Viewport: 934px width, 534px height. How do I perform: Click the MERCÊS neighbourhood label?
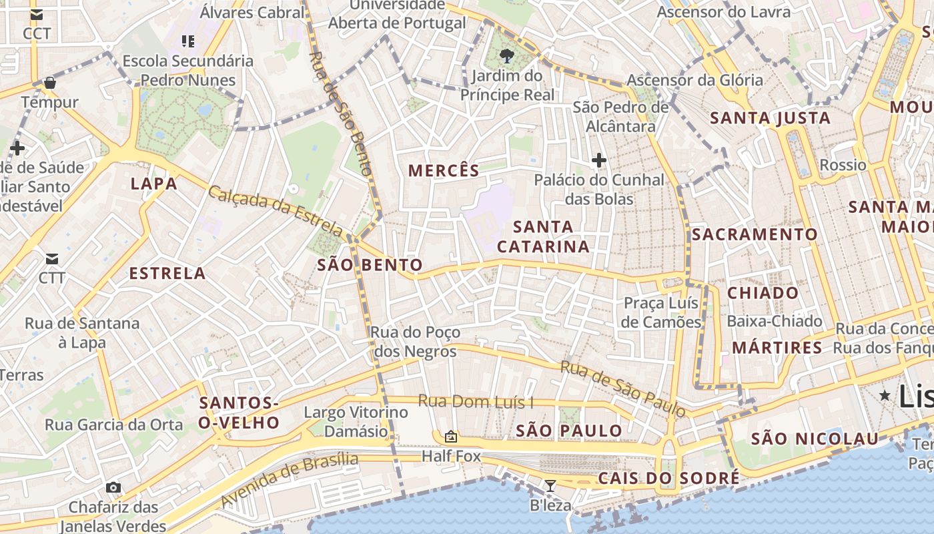(x=444, y=171)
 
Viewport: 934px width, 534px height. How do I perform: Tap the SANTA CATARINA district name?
(x=543, y=237)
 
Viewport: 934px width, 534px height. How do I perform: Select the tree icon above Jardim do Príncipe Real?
(x=507, y=55)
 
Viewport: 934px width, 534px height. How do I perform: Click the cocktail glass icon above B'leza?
(x=550, y=486)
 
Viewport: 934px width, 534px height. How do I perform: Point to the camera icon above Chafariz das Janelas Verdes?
(x=113, y=488)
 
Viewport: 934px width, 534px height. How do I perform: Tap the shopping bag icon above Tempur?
(x=49, y=83)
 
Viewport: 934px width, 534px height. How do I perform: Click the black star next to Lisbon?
(x=885, y=395)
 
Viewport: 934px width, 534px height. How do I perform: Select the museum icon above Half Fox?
(x=451, y=437)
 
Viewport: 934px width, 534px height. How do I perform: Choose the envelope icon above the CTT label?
(x=51, y=259)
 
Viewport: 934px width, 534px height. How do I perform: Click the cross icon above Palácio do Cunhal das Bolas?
(x=599, y=160)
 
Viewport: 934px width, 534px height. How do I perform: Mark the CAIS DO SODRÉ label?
(x=668, y=479)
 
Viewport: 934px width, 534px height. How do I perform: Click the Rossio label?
(x=843, y=165)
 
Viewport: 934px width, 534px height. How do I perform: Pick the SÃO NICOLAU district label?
(x=815, y=439)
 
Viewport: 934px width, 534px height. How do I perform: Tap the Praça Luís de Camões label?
(x=660, y=312)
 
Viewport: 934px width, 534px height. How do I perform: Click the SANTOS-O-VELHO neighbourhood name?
(x=239, y=413)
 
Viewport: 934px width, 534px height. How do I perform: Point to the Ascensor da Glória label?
(x=694, y=81)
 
